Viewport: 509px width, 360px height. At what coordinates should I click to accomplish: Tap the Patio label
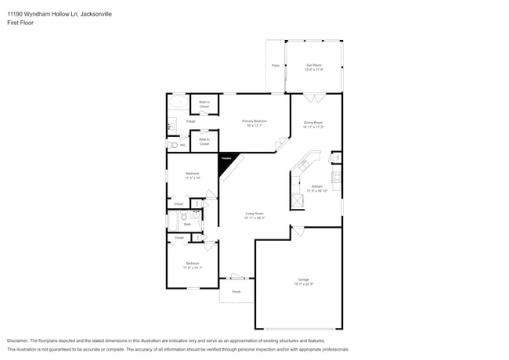coord(275,66)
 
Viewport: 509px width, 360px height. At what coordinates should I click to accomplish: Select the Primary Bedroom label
coord(254,122)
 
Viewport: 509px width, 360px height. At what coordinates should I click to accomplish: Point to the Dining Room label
coord(314,124)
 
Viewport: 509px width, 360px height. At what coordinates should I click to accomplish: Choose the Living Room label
coord(254,215)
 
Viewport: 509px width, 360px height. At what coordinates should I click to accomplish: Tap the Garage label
coord(302,280)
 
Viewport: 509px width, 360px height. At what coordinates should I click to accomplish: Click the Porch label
coord(236,292)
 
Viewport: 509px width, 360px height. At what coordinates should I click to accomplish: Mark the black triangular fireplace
coord(226,160)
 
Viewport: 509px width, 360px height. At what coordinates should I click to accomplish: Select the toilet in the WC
coord(172,146)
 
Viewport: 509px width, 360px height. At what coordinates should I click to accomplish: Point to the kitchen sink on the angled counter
coord(303,165)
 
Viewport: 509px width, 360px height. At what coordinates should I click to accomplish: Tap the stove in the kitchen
coord(337,178)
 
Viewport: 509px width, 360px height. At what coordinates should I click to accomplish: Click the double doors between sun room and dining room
coord(313,98)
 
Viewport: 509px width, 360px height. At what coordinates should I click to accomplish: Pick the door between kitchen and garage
coord(298,232)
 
